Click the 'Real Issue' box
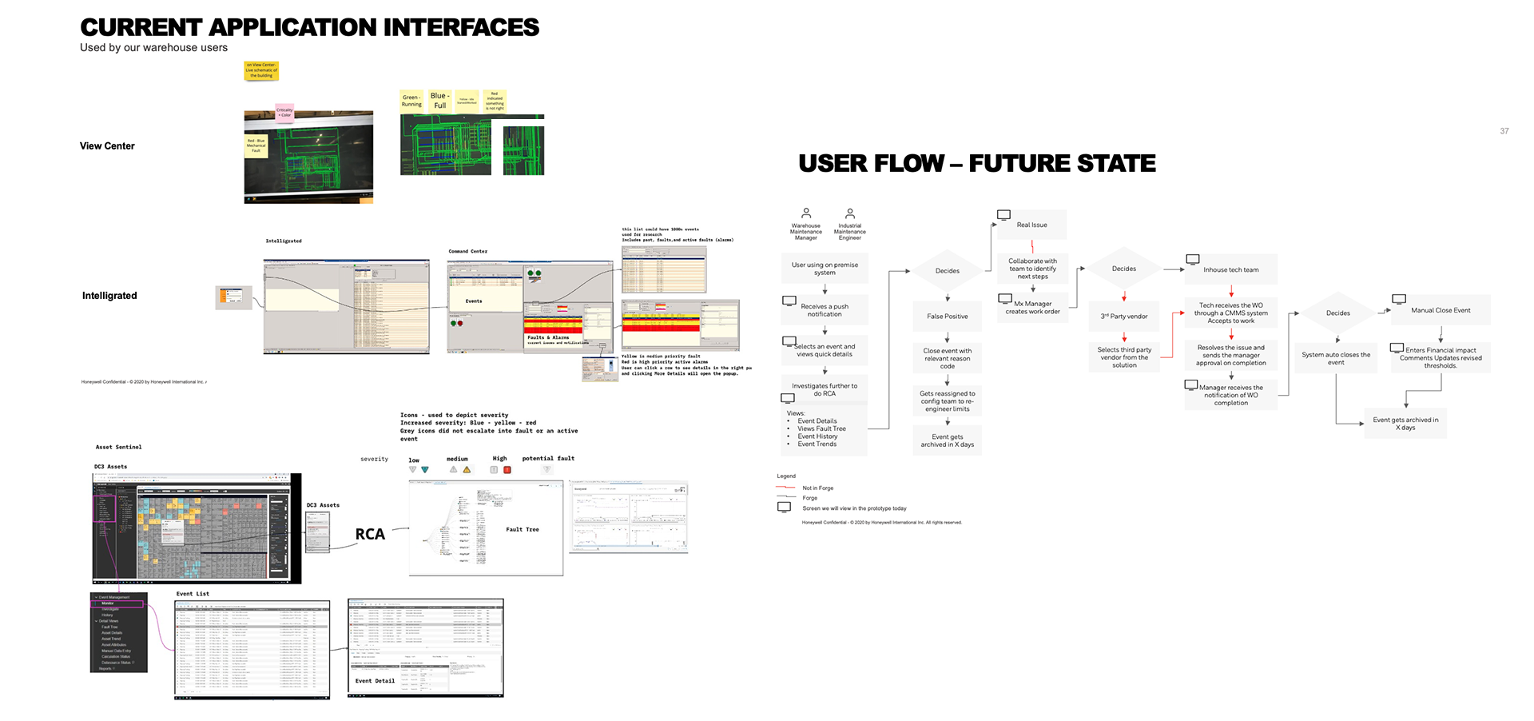coord(1031,225)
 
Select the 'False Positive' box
coord(947,317)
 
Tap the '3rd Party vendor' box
coord(1123,317)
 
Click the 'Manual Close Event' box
coord(1440,310)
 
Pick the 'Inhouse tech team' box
coord(1230,270)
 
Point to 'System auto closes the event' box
coord(1335,358)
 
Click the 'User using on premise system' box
coord(825,269)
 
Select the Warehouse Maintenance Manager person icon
coord(806,213)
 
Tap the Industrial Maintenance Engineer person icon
coord(850,213)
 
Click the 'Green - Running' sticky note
coord(411,101)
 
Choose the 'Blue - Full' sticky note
coord(440,101)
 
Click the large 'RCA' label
coord(370,534)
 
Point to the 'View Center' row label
coord(107,146)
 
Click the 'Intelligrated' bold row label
coord(109,296)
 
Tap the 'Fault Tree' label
coord(522,529)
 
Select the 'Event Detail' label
coord(375,681)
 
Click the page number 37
coord(1504,131)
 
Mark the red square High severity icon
coord(507,470)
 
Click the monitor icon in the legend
coord(785,508)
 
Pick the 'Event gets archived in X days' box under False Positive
coord(947,440)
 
